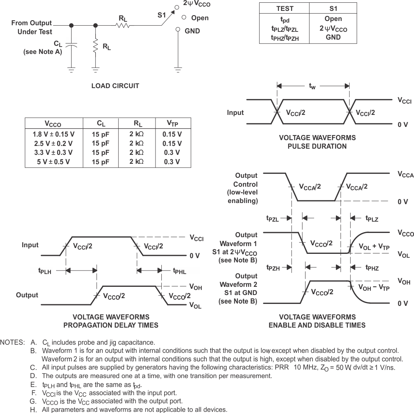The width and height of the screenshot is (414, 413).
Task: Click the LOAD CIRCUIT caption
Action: click(115, 86)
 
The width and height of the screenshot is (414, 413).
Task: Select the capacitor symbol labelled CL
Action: click(71, 44)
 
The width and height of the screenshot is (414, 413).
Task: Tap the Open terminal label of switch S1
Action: click(200, 18)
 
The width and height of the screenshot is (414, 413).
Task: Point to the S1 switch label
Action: click(162, 16)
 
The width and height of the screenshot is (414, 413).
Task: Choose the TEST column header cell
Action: click(285, 9)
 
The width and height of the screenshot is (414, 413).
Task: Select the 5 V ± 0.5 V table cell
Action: click(54, 162)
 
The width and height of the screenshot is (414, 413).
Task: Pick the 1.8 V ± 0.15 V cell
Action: click(54, 134)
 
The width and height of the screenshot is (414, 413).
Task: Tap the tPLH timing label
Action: click(45, 271)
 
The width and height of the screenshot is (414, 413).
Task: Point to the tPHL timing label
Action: click(179, 271)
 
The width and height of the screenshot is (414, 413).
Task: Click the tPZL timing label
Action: click(273, 219)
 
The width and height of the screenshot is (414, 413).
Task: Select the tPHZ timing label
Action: click(372, 267)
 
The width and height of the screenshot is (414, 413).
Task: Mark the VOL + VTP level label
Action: click(374, 247)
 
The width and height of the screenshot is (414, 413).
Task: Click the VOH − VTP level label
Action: click(374, 288)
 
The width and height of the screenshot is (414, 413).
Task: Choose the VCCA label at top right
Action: click(405, 175)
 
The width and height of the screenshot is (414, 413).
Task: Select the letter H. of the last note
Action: click(33, 410)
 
